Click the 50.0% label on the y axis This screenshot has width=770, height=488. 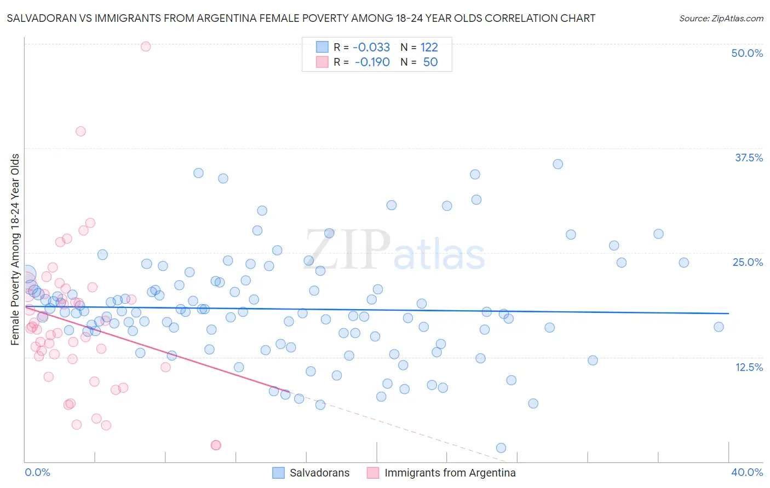[747, 53]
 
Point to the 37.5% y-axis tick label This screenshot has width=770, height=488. [749, 158]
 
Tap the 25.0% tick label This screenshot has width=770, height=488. [748, 262]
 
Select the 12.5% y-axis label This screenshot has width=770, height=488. [749, 367]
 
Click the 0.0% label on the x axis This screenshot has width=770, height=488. [37, 472]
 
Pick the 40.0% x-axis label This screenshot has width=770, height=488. [747, 472]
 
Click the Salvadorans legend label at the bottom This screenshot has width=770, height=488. [319, 473]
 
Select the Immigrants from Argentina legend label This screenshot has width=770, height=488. [450, 473]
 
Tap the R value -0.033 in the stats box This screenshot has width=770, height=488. [371, 47]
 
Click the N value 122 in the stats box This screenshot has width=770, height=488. [429, 47]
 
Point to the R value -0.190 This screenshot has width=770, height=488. [372, 62]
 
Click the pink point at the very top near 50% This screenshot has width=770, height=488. [146, 47]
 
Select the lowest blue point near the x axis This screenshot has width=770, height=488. [501, 448]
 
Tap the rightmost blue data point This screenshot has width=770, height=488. [719, 327]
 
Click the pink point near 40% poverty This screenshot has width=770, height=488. [81, 131]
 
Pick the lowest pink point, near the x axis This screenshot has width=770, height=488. [216, 445]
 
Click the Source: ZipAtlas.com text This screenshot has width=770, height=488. [721, 19]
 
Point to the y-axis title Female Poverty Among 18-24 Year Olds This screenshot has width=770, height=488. [15, 249]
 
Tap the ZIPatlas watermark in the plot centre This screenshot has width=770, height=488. [395, 251]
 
